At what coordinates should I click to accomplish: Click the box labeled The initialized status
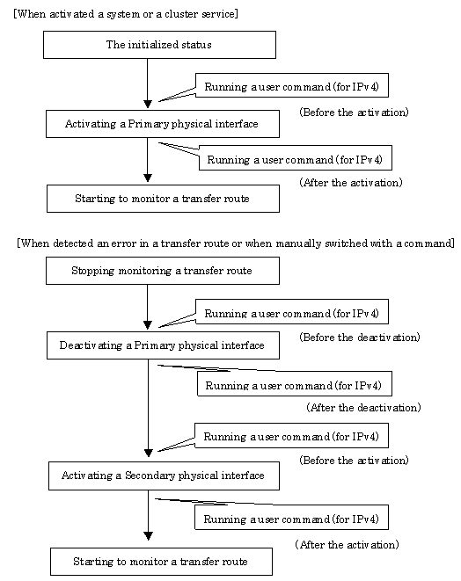[x=159, y=45]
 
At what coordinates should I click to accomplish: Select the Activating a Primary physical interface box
[x=163, y=124]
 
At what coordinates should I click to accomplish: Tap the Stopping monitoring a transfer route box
[x=163, y=271]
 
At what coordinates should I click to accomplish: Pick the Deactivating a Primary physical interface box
[x=163, y=345]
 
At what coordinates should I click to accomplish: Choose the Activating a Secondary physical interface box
[x=164, y=476]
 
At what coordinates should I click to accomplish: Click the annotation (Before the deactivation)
[x=359, y=338]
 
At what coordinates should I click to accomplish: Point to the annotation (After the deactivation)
[x=363, y=408]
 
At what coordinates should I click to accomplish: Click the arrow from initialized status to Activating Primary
[x=148, y=84]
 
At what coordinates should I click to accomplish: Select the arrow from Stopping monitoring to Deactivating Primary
[x=148, y=307]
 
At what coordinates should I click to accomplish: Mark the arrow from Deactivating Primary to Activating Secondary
[x=149, y=409]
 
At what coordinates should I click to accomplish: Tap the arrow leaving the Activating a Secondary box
[x=149, y=515]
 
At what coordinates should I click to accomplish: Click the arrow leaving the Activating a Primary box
[x=148, y=160]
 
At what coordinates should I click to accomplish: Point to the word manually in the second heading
[x=298, y=243]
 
